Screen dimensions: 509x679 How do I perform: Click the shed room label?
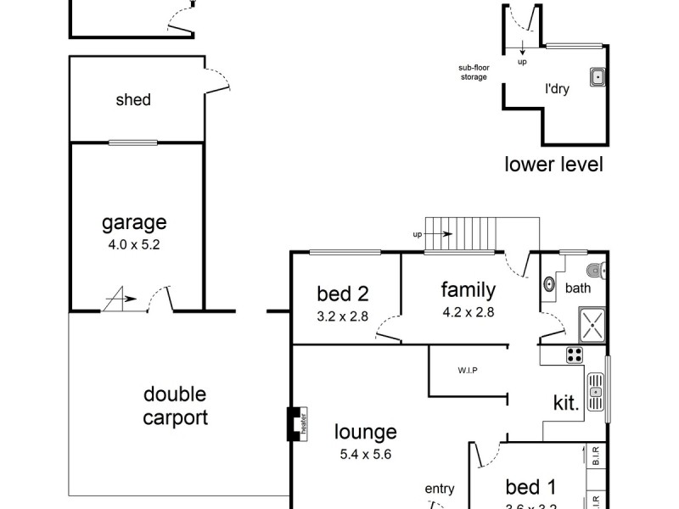pyautogui.click(x=133, y=100)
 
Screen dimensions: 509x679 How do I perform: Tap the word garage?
pyautogui.click(x=134, y=223)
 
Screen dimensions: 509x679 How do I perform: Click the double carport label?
pyautogui.click(x=175, y=406)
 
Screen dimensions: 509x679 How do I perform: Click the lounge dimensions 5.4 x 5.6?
pyautogui.click(x=365, y=454)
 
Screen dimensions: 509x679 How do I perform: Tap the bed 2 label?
pyautogui.click(x=343, y=294)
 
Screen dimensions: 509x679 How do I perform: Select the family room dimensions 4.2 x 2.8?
pyautogui.click(x=468, y=311)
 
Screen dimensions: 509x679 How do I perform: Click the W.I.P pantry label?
pyautogui.click(x=466, y=371)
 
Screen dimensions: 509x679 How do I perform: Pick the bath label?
pyautogui.click(x=577, y=288)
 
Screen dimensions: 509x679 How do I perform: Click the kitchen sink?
pyautogui.click(x=597, y=392)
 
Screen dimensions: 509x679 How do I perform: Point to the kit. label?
pyautogui.click(x=567, y=404)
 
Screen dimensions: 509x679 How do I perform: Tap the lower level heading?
pyautogui.click(x=553, y=164)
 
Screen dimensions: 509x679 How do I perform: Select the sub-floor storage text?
pyautogui.click(x=473, y=73)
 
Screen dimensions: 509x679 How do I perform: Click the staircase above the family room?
pyautogui.click(x=458, y=235)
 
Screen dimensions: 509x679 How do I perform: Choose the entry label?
pyautogui.click(x=441, y=489)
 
